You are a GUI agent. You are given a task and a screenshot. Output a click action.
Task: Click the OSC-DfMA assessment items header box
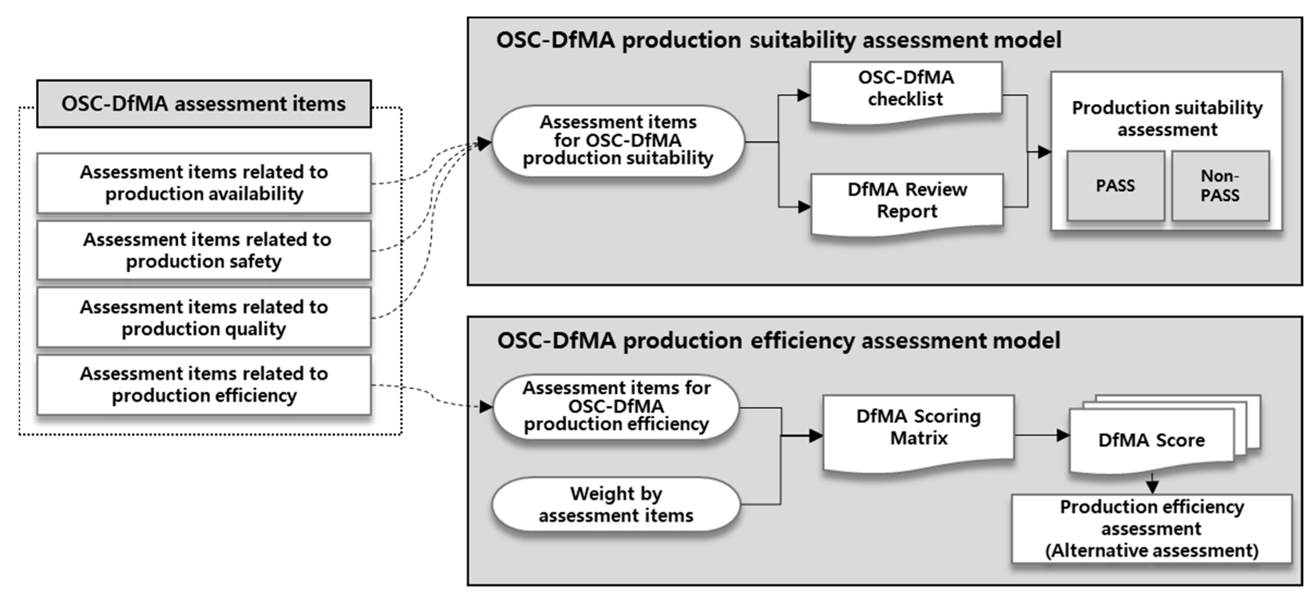pos(203,104)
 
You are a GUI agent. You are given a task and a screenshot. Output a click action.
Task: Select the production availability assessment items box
pos(203,183)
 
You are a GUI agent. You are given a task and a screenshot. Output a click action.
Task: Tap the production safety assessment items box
pos(203,250)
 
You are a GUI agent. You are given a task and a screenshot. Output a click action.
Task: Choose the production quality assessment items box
pos(203,317)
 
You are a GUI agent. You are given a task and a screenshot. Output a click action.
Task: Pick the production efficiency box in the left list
pos(203,384)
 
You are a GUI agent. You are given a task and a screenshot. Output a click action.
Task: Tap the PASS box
pos(1115,186)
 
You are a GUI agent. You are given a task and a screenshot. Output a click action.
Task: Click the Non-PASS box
pos(1220,186)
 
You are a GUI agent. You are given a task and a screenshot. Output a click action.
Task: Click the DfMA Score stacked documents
pos(1152,439)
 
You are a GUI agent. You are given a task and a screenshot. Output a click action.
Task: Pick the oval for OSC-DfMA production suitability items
pos(617,141)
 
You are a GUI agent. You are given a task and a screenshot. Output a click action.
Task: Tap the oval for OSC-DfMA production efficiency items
pos(616,406)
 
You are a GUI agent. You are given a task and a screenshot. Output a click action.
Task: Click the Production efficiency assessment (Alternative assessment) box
pos(1152,528)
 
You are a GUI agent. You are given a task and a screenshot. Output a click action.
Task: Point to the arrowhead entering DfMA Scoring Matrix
pos(816,436)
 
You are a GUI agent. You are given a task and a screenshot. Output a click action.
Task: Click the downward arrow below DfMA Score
pos(1152,485)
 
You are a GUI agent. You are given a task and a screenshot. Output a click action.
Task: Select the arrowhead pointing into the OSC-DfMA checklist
pos(803,95)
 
